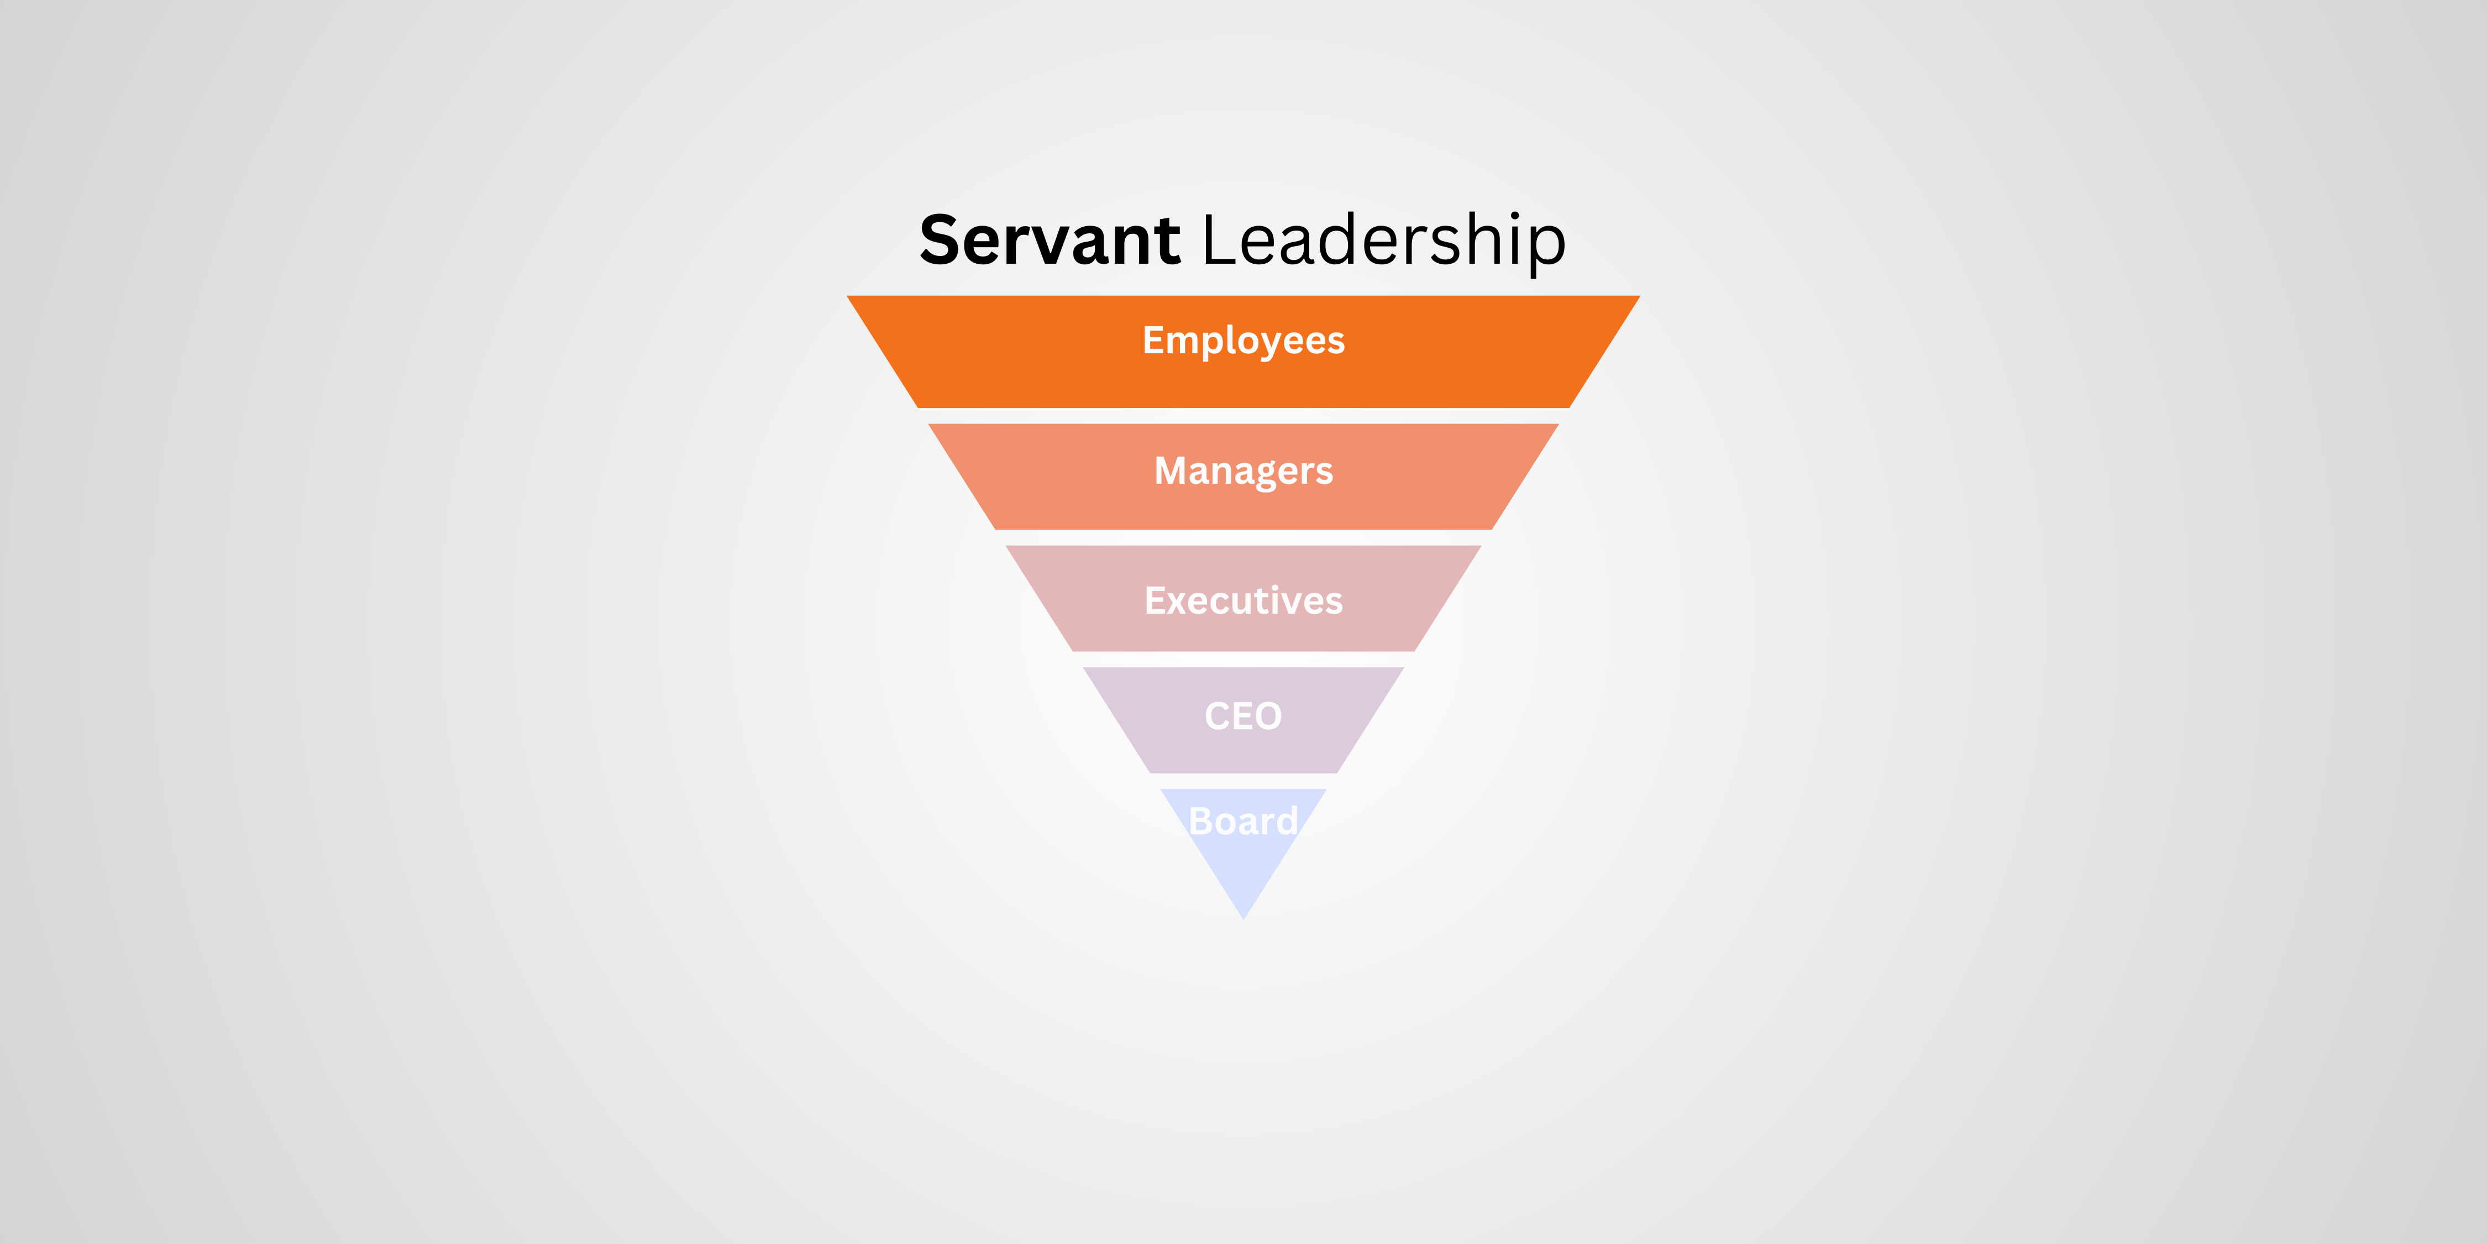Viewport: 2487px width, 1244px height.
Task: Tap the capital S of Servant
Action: (x=941, y=239)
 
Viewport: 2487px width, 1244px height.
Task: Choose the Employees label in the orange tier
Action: (x=1243, y=341)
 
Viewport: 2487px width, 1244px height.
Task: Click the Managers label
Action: (x=1243, y=471)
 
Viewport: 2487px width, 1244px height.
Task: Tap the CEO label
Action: (x=1243, y=715)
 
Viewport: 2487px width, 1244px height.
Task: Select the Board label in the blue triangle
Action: (x=1243, y=821)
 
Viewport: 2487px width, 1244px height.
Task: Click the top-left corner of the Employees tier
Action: (x=848, y=296)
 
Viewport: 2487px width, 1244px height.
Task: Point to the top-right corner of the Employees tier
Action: (x=1639, y=296)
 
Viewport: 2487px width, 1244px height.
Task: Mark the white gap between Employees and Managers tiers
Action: (x=1243, y=415)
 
